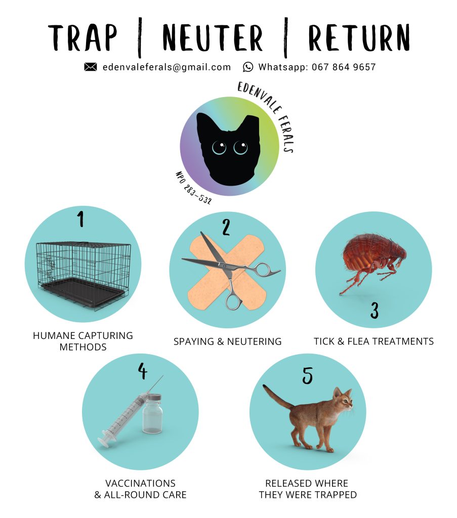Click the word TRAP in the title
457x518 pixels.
(82, 37)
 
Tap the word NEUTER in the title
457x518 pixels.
(213, 37)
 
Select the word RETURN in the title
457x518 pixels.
(359, 37)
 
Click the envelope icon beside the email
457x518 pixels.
(90, 67)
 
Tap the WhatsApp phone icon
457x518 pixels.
(248, 67)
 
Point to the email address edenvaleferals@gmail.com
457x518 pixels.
(167, 67)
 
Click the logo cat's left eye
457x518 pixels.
(219, 147)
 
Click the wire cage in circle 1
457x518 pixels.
(84, 275)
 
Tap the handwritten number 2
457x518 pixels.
(226, 227)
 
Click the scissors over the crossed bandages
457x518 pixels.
(231, 268)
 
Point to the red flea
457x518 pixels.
(373, 261)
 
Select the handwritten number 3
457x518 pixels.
(374, 311)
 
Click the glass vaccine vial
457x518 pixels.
(152, 413)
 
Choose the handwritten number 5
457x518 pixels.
(307, 376)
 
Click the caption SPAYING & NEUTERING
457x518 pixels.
(228, 341)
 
